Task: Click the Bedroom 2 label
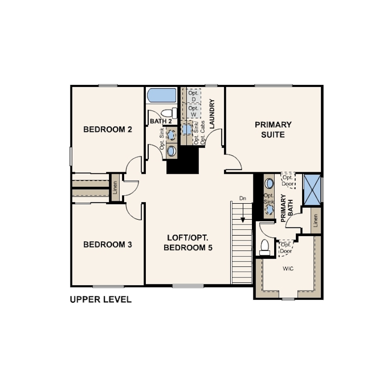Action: (108, 129)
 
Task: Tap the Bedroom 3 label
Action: (108, 245)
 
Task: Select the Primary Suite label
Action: (273, 130)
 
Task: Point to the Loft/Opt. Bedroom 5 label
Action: (188, 243)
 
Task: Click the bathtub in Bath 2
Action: (162, 95)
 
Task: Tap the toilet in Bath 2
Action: (169, 113)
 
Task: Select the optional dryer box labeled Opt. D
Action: (194, 96)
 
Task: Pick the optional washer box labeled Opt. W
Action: (194, 111)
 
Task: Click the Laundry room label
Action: (212, 114)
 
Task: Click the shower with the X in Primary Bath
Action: (312, 190)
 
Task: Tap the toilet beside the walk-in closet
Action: (265, 247)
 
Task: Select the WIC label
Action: (288, 268)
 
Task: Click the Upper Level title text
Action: (101, 299)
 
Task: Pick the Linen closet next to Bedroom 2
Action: (115, 187)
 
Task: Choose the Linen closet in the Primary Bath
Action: (315, 221)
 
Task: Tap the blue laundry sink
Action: (187, 129)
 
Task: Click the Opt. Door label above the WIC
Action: (286, 248)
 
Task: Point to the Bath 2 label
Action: (161, 122)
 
